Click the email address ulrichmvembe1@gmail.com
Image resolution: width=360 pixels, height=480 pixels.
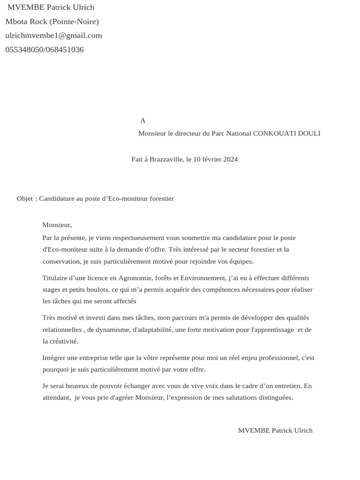[x=53, y=36]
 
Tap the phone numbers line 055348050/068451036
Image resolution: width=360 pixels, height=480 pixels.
[x=45, y=50]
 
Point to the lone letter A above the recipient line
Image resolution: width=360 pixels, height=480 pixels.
[x=143, y=121]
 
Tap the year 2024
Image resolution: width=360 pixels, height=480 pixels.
[x=230, y=159]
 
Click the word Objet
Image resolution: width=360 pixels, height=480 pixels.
[x=24, y=199]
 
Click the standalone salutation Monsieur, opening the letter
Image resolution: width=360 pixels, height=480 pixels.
[x=57, y=225]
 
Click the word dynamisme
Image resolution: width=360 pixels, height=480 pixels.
[x=113, y=330]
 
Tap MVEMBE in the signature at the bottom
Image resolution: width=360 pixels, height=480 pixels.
[x=254, y=430]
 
